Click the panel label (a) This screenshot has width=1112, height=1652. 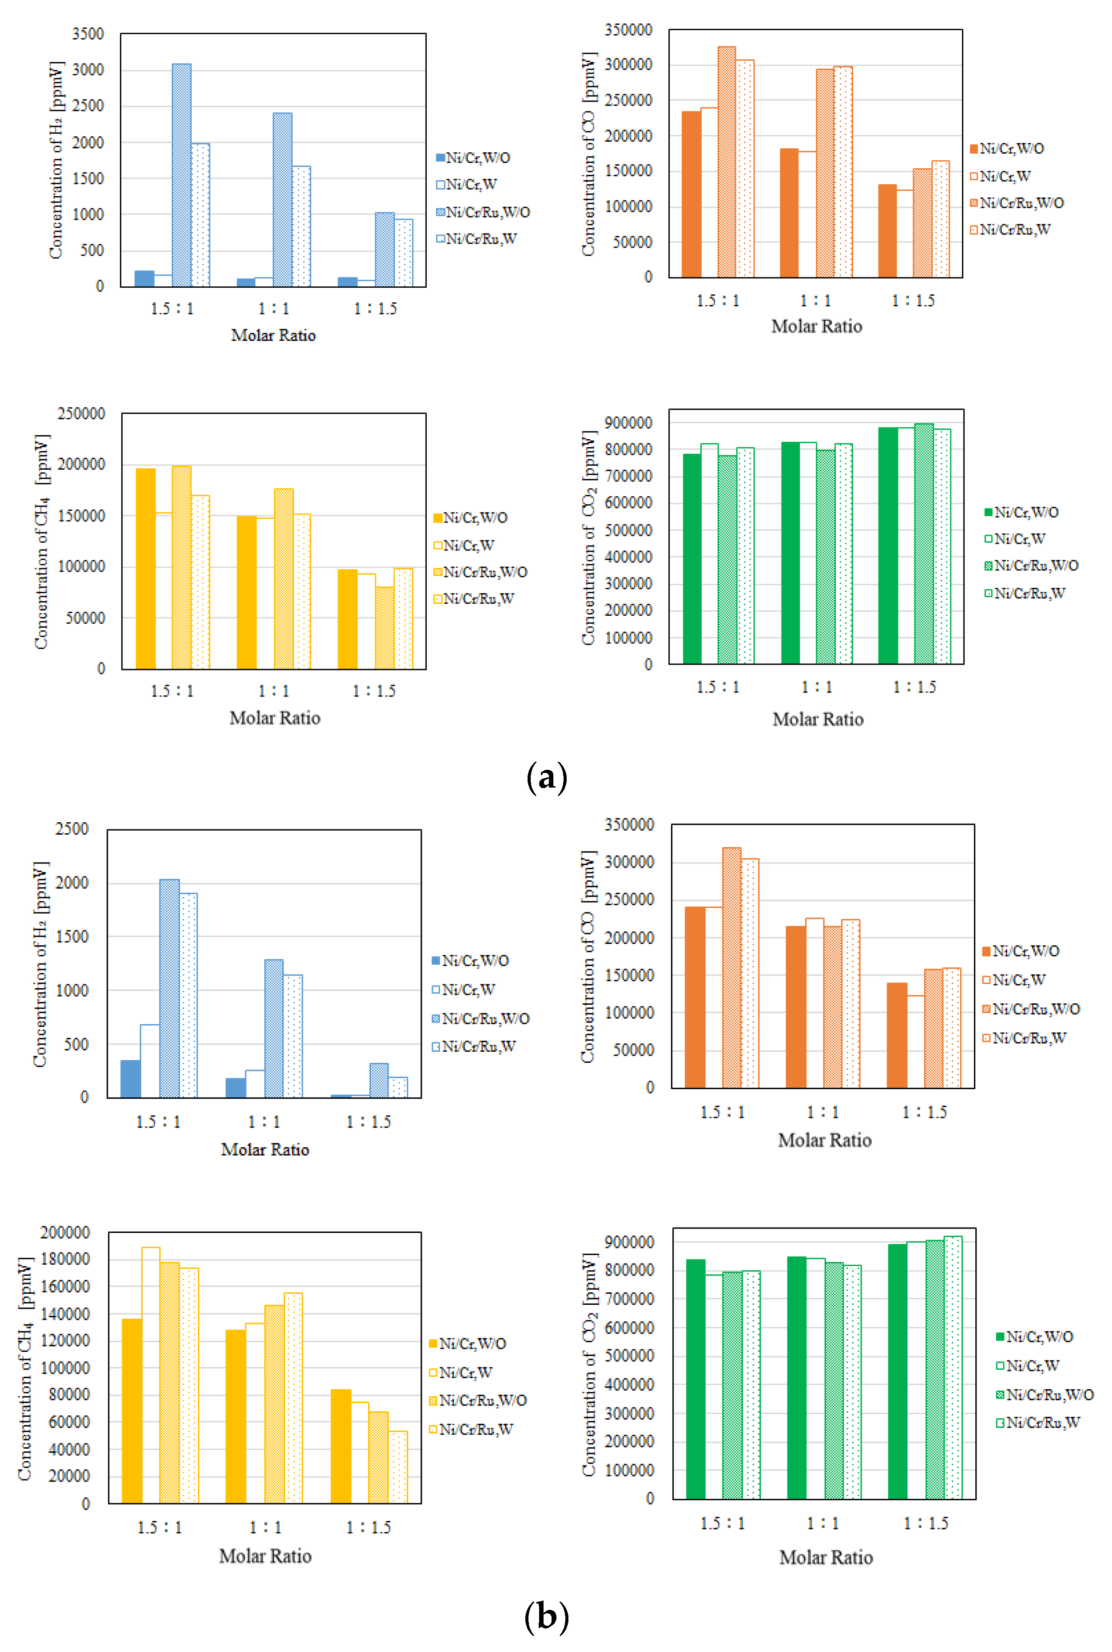point(547,778)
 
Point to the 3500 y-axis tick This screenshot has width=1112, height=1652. point(88,34)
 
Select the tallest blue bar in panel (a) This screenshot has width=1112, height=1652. point(182,174)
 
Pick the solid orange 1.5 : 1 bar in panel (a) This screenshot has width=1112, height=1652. point(691,194)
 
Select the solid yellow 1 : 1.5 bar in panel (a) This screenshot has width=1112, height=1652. point(347,618)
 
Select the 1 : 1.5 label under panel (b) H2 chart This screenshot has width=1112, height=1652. point(368,1121)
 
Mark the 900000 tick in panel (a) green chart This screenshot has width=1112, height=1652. point(628,423)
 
